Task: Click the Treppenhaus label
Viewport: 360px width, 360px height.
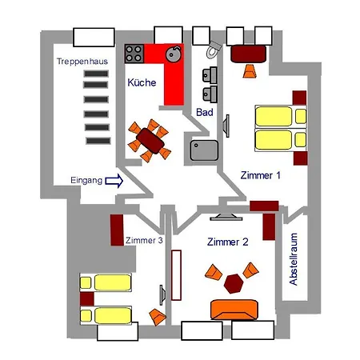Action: (x=82, y=62)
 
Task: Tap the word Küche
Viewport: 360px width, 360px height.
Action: (x=142, y=82)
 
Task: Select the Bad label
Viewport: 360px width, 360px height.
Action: (x=205, y=112)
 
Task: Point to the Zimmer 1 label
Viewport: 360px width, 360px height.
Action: (x=260, y=175)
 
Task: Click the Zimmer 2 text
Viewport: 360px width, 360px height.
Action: (x=227, y=242)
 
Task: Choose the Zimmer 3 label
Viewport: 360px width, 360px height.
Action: (x=144, y=240)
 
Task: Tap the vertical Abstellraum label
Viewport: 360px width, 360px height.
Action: (x=293, y=259)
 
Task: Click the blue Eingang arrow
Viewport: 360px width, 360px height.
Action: (x=114, y=181)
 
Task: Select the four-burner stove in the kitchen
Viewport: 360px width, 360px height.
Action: (x=134, y=54)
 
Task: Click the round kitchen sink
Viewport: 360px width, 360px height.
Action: (x=174, y=54)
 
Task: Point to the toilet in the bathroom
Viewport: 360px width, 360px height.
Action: (x=214, y=50)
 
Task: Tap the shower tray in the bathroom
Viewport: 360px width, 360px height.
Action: (x=204, y=150)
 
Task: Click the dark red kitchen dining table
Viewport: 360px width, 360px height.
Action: (x=150, y=141)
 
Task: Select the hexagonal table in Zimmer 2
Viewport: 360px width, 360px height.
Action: (x=234, y=283)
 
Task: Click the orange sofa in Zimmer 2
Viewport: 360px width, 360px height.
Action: (x=234, y=310)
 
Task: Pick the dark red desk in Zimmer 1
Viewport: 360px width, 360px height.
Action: (x=248, y=54)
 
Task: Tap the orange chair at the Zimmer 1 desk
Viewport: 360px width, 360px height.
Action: (x=250, y=71)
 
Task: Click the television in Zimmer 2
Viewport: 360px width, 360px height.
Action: (x=226, y=217)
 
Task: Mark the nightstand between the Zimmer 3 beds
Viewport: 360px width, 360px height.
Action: (x=87, y=299)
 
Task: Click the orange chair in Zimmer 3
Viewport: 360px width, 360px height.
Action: (x=158, y=317)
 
